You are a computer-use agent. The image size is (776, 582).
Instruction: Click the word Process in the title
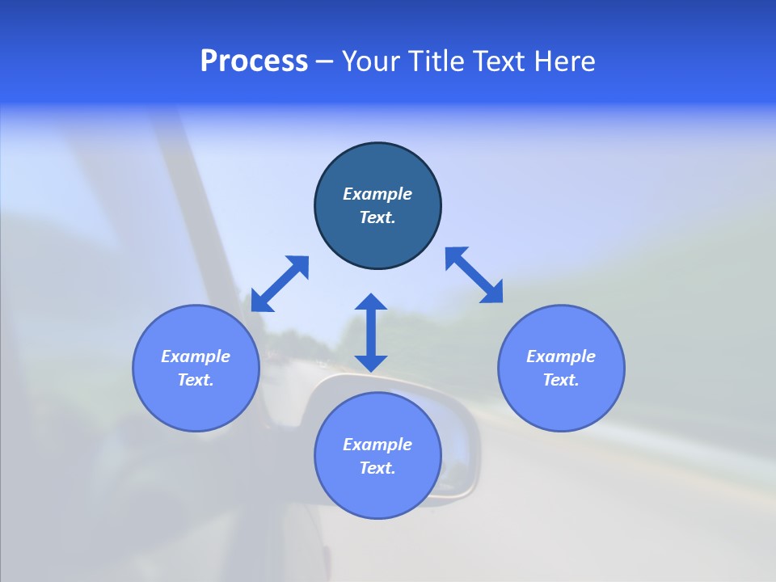point(254,61)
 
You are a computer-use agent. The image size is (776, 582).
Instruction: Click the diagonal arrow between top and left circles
point(280,284)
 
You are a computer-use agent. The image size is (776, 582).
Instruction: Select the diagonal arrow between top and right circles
point(474,275)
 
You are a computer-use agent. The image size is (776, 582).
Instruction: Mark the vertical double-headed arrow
point(371,332)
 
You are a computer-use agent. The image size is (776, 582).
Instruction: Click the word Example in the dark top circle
point(377,194)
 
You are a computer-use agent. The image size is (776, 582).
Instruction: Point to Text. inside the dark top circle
point(377,217)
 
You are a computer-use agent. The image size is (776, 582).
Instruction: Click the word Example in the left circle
point(196,356)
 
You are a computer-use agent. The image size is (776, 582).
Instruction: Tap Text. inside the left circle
point(196,380)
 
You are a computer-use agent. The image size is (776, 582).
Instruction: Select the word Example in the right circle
point(561,356)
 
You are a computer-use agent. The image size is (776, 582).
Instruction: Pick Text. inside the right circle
point(561,380)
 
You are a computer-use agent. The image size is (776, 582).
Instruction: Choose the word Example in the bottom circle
point(377,445)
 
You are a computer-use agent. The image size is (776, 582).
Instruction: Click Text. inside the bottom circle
point(377,468)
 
